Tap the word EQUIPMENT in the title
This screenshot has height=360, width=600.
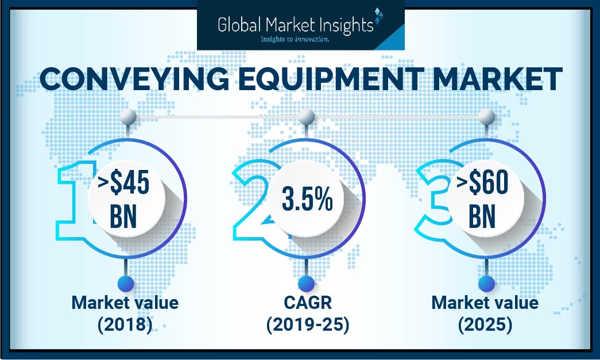click(299, 80)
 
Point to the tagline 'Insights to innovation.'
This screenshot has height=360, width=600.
click(295, 40)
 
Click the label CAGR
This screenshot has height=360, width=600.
click(307, 303)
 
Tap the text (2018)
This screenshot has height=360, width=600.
click(125, 325)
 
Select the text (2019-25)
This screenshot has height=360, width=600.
click(307, 325)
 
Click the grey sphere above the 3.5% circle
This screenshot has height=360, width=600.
click(306, 117)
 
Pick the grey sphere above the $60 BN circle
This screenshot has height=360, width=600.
click(486, 117)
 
